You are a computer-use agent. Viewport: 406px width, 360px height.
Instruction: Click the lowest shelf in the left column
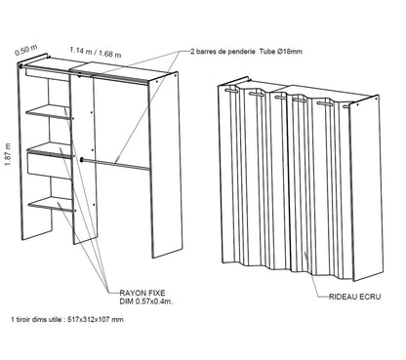51,203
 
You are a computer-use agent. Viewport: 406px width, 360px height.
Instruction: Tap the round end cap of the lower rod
85,160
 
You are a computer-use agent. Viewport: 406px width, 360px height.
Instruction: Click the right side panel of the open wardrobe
168,166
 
